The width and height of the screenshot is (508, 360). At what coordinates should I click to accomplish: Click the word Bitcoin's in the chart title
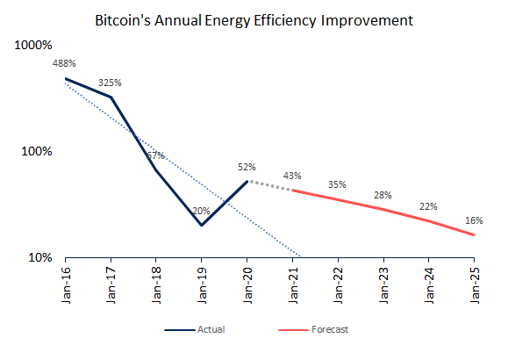click(x=123, y=20)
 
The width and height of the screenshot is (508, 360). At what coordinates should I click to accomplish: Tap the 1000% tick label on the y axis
click(x=33, y=45)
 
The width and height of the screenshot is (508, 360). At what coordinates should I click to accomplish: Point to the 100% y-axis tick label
click(x=37, y=151)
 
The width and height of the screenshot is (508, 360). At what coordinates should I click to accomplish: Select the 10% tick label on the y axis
click(x=40, y=257)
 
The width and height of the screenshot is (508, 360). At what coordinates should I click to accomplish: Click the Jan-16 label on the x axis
click(x=66, y=285)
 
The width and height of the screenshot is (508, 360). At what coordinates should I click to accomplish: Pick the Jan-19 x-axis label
click(x=202, y=285)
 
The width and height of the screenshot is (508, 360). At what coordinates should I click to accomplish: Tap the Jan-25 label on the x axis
click(x=475, y=285)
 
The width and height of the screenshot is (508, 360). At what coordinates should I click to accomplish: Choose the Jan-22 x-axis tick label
click(x=339, y=285)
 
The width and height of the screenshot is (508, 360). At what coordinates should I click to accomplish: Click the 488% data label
click(x=64, y=63)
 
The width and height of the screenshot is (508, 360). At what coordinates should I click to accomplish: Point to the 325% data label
click(x=110, y=83)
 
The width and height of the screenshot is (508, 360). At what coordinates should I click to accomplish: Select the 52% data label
click(x=247, y=167)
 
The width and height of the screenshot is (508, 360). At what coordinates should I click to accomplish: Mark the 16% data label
click(x=474, y=220)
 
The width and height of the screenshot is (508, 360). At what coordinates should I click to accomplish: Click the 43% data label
click(x=292, y=176)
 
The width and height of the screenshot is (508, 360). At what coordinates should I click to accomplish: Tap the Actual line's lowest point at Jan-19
click(x=202, y=225)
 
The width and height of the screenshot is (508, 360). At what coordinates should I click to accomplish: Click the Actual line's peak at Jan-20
click(x=247, y=181)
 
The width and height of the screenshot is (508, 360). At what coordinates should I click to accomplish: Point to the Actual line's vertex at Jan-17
click(x=111, y=97)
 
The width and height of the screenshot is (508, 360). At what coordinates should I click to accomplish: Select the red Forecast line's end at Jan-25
click(x=474, y=234)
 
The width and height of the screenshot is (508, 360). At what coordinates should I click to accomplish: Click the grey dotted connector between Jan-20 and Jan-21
click(x=270, y=186)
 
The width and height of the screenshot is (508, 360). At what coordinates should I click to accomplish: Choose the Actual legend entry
click(x=195, y=330)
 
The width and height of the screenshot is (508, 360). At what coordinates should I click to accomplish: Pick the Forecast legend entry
click(x=313, y=330)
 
